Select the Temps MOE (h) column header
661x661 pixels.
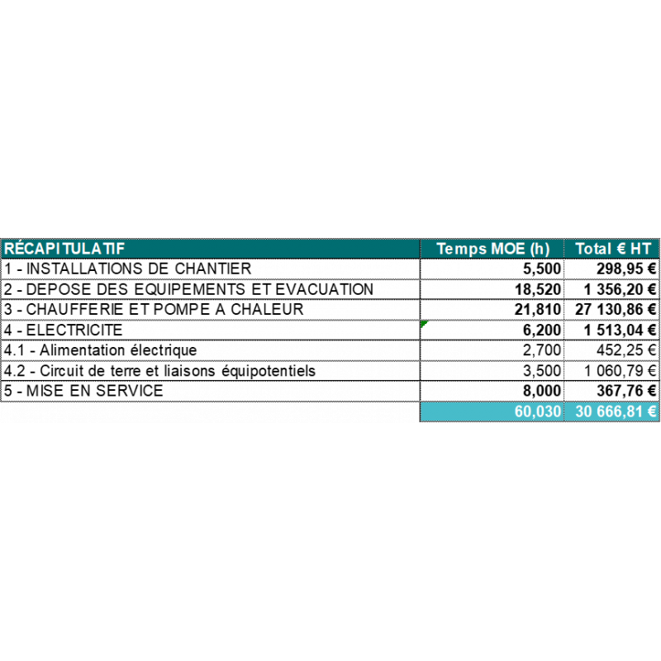[x=492, y=249]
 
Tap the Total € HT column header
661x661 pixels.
[x=613, y=249]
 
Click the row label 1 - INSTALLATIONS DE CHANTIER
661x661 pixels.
[x=128, y=269]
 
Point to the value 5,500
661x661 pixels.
[x=542, y=269]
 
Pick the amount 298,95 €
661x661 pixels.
[x=626, y=269]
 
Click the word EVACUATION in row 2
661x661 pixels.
[x=324, y=289]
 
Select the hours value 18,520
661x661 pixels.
[x=538, y=290]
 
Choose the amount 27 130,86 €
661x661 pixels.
[x=616, y=309]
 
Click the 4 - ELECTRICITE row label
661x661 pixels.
[x=64, y=330]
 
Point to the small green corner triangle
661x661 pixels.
[x=423, y=323]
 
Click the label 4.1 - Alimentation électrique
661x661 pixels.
[x=100, y=350]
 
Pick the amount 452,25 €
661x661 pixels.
[x=626, y=350]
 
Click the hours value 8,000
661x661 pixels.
[x=542, y=391]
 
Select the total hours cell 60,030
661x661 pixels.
[x=538, y=411]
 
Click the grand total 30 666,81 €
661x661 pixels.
[x=616, y=411]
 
